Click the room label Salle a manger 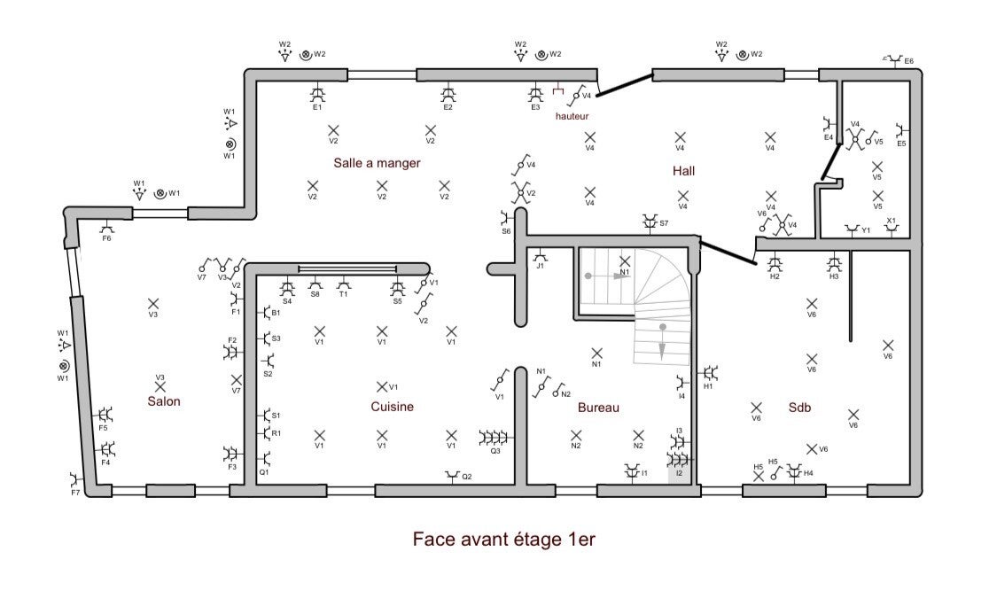pos(377,163)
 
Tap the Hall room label pos(684,171)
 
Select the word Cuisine pos(392,407)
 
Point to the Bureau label pos(598,408)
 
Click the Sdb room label pos(799,408)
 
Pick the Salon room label pos(164,401)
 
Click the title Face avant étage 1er pos(504,540)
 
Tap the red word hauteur pos(572,116)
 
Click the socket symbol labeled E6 pos(893,60)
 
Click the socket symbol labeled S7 pos(650,222)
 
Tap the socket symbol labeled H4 pos(794,470)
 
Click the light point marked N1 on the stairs pos(625,261)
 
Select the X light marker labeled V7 pos(237,380)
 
